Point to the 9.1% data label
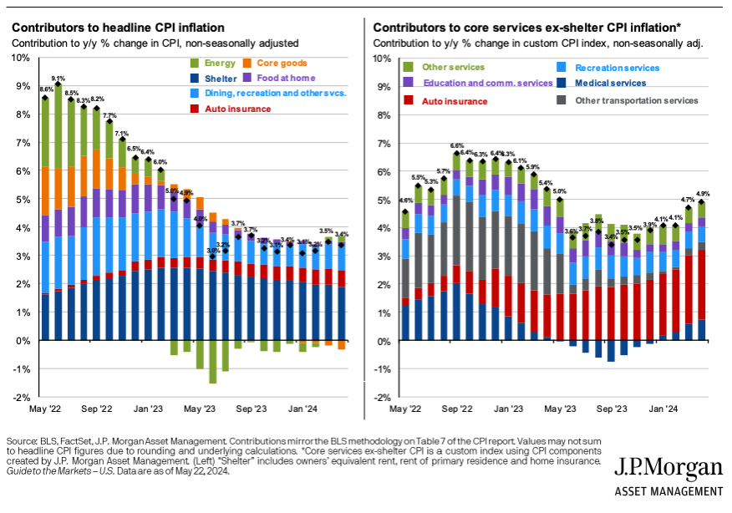click(x=58, y=78)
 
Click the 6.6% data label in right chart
click(x=457, y=145)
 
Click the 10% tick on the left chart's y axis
click(x=21, y=58)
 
